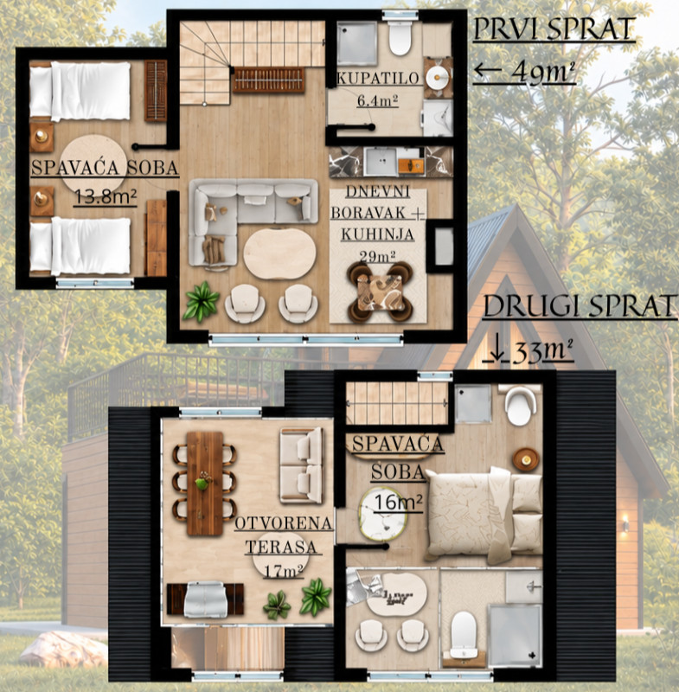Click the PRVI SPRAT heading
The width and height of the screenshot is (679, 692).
pos(554,29)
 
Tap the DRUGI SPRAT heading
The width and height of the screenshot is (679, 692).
pos(580,306)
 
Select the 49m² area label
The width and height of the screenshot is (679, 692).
pos(543,72)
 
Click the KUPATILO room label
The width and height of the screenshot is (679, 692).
pos(378,79)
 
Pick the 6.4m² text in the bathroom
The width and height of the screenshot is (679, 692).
pos(378,101)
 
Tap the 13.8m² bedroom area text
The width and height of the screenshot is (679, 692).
pos(105,196)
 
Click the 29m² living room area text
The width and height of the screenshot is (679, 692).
pos(377,256)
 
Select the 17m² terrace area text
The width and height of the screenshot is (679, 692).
pos(283,571)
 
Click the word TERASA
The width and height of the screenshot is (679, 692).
pos(281,548)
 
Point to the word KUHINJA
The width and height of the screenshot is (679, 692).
pos(377,234)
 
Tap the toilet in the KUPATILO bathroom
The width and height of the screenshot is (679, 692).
pos(400,37)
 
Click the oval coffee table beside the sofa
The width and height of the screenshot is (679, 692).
pos(279,253)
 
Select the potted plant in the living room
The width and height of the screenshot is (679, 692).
pos(202,301)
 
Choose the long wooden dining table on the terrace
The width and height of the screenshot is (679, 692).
pos(205,484)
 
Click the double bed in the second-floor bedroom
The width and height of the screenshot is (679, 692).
pos(484,515)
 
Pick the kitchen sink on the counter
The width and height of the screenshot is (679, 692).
pos(381,161)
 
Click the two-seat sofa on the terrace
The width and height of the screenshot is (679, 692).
pos(302,465)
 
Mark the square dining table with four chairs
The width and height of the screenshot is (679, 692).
pos(380,292)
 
